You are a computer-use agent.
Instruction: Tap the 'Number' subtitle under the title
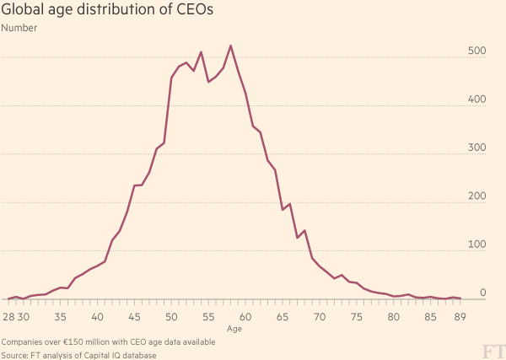tap(19, 29)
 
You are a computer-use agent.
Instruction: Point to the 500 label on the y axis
tap(477, 51)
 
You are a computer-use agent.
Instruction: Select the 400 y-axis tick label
tap(477, 99)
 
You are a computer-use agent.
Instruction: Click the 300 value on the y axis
tap(477, 148)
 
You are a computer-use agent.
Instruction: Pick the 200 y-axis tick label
tap(477, 196)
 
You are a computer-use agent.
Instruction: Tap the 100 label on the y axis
tap(477, 244)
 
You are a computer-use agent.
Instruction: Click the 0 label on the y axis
tap(483, 293)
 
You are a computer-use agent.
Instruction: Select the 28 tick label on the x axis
tap(8, 317)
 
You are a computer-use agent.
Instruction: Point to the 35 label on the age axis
tap(61, 317)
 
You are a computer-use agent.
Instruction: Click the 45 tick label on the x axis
tap(135, 317)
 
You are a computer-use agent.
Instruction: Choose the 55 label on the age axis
tap(208, 317)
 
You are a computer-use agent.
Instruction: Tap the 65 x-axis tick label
tap(283, 317)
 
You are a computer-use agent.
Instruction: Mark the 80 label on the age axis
tap(394, 317)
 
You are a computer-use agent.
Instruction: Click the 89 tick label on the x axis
tap(460, 317)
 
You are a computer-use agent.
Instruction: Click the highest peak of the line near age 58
tap(231, 46)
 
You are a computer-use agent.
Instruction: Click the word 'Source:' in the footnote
tap(18, 355)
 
